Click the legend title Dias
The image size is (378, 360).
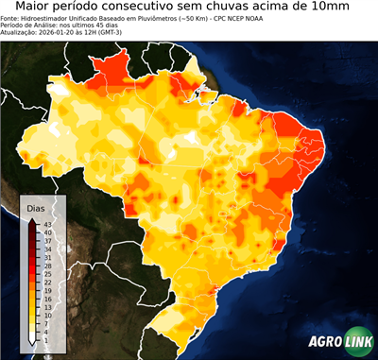coord(36,207)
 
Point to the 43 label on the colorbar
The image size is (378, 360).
coord(46,223)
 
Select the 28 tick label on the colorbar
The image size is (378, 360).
coord(46,266)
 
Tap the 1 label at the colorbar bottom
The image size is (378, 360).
coord(44,339)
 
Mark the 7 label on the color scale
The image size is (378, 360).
coord(44,323)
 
